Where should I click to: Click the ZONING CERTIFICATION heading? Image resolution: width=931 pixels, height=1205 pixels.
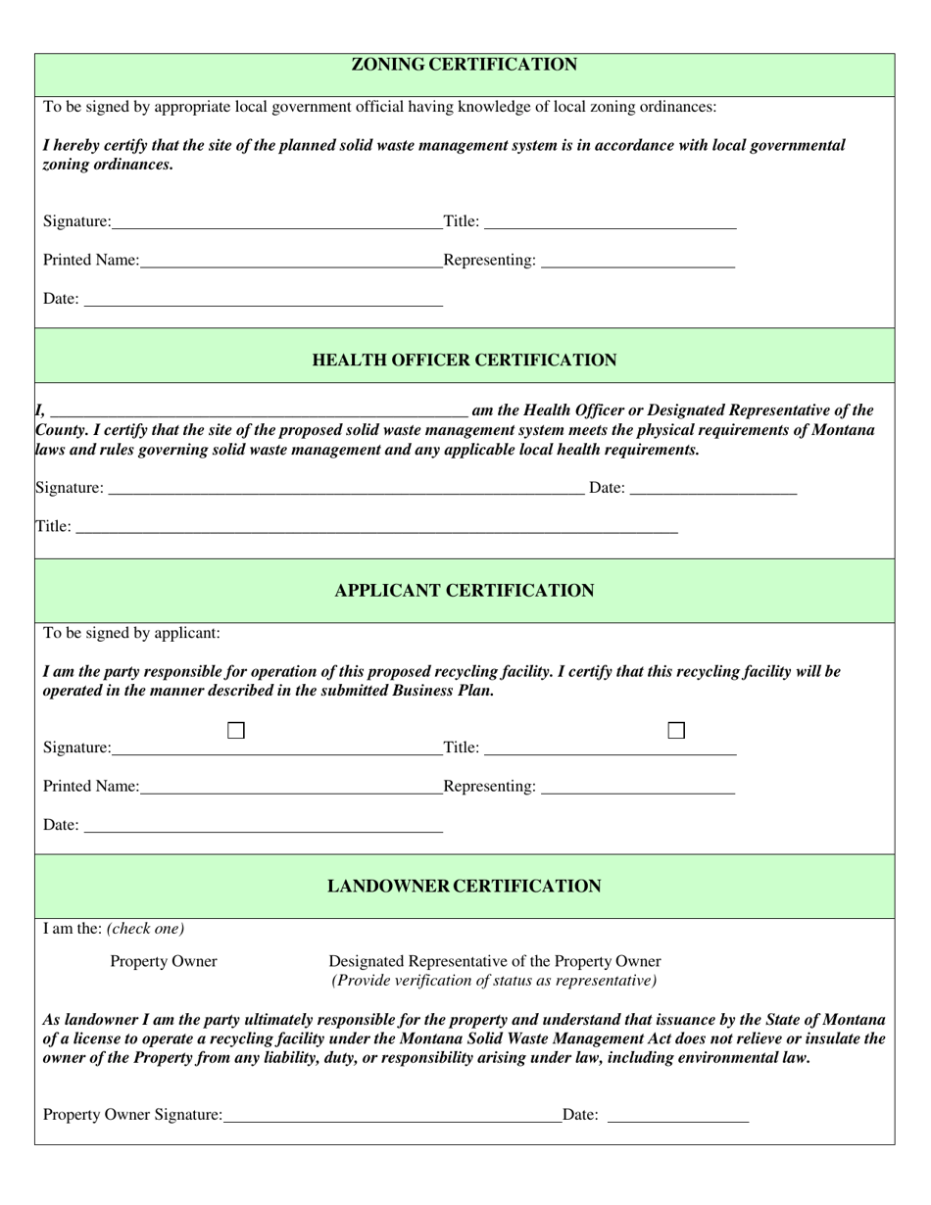465,66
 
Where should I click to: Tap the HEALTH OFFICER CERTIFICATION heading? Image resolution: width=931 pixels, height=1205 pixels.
465,361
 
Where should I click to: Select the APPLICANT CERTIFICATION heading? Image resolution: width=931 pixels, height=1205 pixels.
465,591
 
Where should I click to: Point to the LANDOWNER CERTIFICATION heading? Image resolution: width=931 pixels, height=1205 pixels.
465,887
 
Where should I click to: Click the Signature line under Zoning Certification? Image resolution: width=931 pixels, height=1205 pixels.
276,222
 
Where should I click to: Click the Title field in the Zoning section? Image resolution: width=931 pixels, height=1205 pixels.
610,222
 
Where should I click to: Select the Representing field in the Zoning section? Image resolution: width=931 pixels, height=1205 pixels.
637,261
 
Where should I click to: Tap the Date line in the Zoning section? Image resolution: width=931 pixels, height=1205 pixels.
264,300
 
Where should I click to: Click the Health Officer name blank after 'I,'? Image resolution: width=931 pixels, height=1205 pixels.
259,410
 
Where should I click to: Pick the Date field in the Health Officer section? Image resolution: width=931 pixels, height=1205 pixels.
713,489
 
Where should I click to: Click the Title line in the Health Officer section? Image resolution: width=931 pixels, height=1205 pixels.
376,527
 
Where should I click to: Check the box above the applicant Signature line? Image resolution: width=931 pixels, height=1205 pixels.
236,731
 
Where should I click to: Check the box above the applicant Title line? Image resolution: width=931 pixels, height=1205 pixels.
676,731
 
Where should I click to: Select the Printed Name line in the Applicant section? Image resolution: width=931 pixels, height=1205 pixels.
291,787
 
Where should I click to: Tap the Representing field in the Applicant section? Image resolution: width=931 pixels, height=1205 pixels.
637,787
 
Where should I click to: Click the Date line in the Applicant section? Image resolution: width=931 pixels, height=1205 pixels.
264,826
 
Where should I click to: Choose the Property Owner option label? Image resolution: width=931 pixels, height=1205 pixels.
164,962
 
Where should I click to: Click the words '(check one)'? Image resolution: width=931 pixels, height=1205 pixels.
145,929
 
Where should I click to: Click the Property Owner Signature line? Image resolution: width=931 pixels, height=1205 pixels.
392,1115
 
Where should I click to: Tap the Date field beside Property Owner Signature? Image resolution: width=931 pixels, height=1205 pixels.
678,1115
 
